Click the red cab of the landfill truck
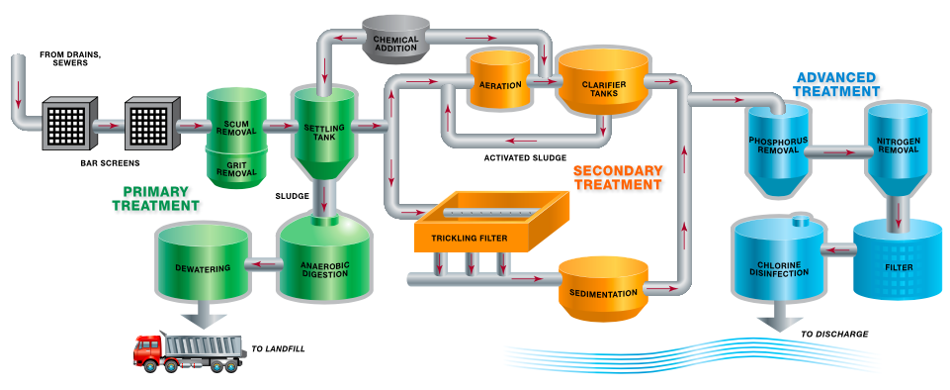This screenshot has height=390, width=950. coord(149,351)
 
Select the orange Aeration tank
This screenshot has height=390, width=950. coord(500,84)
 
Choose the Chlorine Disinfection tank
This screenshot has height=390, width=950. coord(777,262)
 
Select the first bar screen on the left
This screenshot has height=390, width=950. coord(68,125)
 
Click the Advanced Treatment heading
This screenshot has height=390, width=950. coord(836,83)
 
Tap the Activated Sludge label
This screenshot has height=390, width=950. coord(525,157)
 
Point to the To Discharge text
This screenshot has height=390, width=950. coord(833,334)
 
